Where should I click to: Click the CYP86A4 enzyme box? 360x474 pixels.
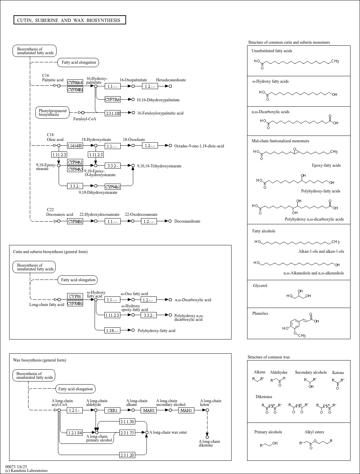(75, 82)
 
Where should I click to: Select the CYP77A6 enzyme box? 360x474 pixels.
(113, 100)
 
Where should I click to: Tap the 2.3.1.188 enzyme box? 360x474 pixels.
(113, 113)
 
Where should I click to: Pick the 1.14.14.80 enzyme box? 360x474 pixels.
(75, 146)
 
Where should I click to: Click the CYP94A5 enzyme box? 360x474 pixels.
(75, 169)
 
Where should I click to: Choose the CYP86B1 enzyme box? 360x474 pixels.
(75, 221)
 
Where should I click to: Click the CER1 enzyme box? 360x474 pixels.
(112, 410)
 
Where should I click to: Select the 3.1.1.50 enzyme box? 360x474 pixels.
(127, 421)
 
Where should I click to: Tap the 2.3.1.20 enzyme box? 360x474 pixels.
(127, 455)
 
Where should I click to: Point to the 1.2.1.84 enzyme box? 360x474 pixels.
(75, 433)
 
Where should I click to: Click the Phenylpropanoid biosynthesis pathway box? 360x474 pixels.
(53, 112)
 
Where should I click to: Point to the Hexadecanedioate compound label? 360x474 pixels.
(171, 80)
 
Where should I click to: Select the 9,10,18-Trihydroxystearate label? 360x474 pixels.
(159, 166)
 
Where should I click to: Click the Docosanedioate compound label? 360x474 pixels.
(187, 221)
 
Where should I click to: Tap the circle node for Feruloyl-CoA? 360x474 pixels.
(83, 112)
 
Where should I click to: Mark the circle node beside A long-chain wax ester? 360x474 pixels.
(147, 432)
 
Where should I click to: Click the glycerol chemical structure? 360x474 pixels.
(299, 294)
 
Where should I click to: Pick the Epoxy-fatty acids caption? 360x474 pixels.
(326, 165)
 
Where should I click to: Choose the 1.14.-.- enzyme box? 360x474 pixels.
(112, 330)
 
